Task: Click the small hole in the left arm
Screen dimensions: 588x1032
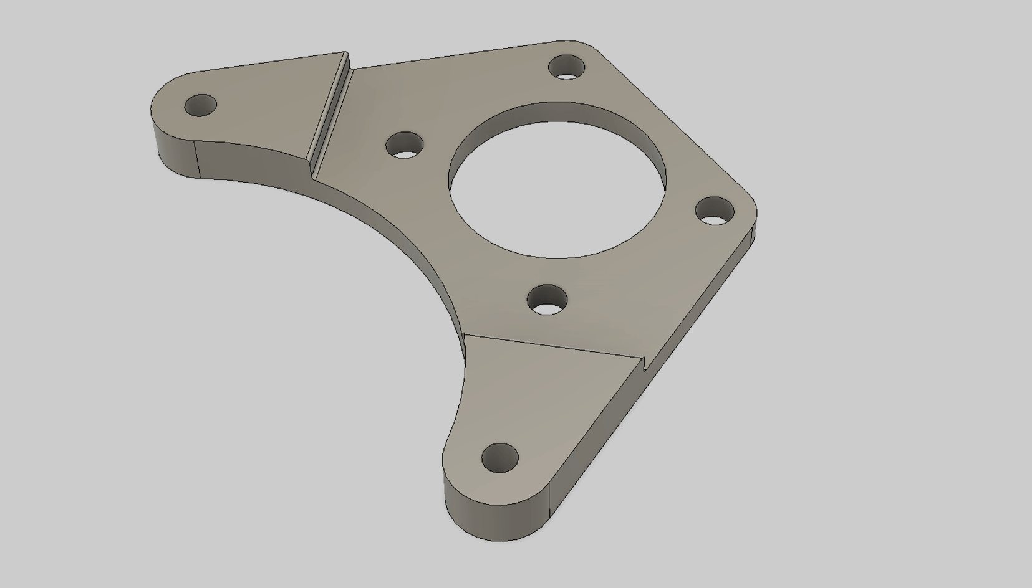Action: [201, 105]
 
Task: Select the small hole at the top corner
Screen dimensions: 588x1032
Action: [567, 67]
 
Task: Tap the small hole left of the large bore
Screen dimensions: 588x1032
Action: [405, 145]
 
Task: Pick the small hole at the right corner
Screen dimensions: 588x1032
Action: [715, 211]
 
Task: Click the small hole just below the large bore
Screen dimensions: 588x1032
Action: [547, 300]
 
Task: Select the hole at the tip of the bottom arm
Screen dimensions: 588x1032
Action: [500, 458]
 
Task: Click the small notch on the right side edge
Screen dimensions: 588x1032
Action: [646, 364]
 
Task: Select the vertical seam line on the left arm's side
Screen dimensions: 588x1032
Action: [197, 159]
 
